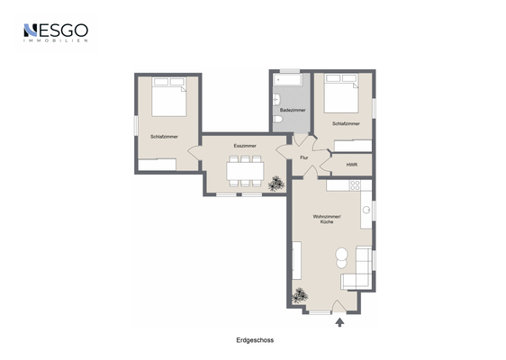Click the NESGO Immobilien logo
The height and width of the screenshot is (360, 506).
55,33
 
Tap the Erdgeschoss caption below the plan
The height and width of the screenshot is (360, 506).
254,340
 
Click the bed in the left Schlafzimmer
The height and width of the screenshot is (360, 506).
168,96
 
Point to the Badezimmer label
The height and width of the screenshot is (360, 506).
293,110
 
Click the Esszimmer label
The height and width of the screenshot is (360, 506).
245,145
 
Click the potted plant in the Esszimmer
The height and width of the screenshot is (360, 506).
276,184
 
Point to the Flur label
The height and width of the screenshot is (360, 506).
304,157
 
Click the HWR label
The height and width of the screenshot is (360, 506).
351,165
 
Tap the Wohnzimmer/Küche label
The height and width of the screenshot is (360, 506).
326,220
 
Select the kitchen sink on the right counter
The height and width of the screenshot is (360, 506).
366,211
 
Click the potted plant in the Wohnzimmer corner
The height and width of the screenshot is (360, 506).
300,294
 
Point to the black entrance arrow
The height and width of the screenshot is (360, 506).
339,320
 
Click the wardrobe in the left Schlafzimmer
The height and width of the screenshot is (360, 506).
158,164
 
